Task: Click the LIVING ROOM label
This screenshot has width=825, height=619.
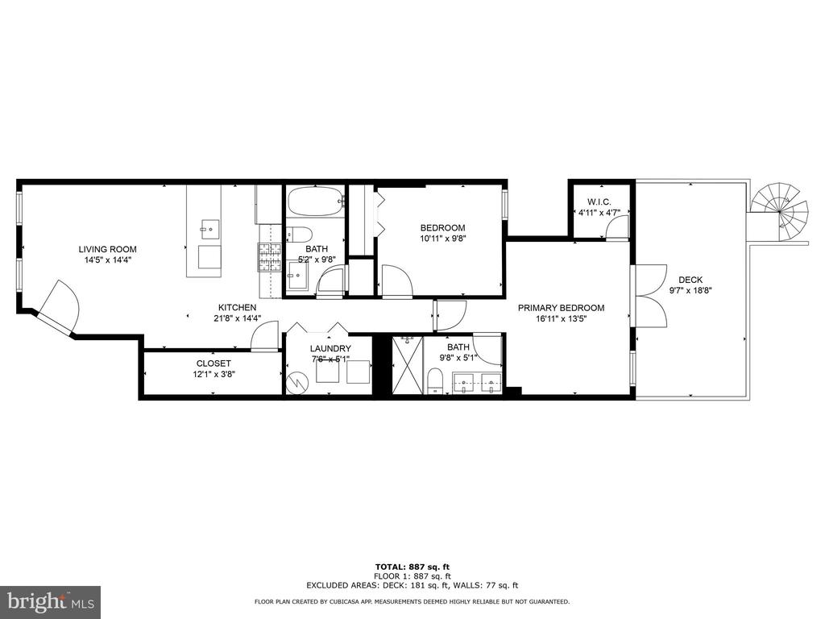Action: [107, 250]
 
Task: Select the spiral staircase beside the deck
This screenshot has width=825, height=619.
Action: [779, 212]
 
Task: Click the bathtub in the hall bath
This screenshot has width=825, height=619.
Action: [315, 201]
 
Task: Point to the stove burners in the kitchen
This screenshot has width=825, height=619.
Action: [269, 257]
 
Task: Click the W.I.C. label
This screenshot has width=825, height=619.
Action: [599, 202]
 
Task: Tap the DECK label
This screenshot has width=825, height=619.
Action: [690, 280]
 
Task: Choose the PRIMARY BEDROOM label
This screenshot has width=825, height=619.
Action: [561, 308]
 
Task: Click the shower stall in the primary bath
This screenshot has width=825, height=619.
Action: [407, 365]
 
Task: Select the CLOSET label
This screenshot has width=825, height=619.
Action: [213, 364]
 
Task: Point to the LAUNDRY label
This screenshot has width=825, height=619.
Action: [330, 348]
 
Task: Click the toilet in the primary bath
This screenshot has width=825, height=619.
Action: [434, 380]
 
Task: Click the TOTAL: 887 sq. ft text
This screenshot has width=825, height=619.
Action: [412, 567]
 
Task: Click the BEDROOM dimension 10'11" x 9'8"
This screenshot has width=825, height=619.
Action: [443, 238]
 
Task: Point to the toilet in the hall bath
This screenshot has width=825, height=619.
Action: [300, 233]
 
